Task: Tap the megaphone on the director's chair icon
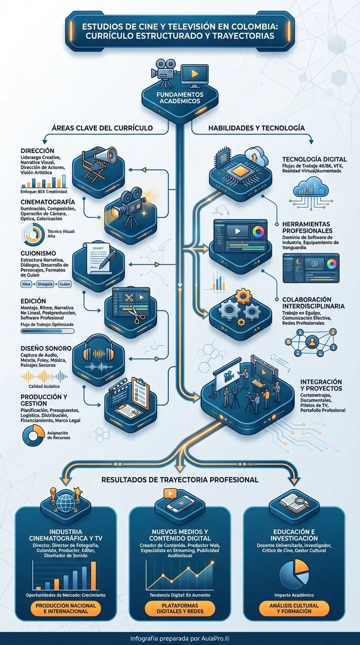[x=107, y=155]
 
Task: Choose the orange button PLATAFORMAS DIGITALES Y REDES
[x=180, y=608]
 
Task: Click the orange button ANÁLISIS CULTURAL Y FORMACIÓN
[x=294, y=608]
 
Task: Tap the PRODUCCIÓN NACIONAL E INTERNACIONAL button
[x=66, y=608]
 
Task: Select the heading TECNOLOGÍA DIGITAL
[x=314, y=160]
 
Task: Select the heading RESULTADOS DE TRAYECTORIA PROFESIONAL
[x=180, y=480]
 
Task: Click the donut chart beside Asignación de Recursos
[x=32, y=436]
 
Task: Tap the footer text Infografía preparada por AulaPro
[x=180, y=638]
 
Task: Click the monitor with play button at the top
[x=195, y=75]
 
